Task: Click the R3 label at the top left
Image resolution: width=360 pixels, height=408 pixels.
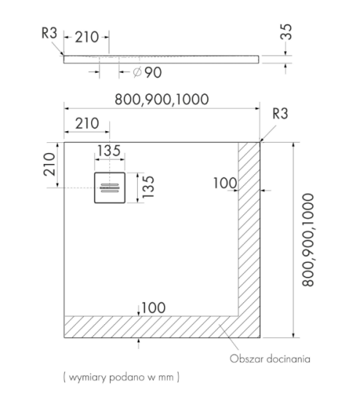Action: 50,33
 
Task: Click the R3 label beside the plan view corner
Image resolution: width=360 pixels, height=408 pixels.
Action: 281,114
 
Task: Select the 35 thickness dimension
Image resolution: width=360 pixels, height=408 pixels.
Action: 286,32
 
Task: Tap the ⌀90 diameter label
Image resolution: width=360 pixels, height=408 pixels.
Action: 147,72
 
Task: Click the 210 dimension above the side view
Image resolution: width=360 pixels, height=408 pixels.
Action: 87,37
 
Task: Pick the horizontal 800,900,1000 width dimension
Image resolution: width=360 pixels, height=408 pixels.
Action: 162,99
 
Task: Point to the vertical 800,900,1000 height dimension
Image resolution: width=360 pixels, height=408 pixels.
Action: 308,240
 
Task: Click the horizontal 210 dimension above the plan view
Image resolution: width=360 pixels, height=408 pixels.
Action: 87,123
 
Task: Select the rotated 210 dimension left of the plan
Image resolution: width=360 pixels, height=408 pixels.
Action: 50,164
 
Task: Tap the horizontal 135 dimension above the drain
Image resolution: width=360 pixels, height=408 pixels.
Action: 109,151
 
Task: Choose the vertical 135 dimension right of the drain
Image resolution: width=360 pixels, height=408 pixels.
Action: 149,187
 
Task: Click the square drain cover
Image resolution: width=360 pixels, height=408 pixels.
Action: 109,188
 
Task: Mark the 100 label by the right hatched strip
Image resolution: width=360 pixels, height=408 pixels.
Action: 225,183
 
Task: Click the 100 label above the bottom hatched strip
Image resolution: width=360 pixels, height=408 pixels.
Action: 154,307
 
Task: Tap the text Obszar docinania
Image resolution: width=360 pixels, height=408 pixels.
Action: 270,359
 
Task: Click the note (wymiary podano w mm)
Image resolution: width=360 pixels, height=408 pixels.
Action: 121,377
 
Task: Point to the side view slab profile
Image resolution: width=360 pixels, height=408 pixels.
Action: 161,59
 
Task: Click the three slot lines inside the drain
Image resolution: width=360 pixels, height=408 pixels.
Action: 109,188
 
